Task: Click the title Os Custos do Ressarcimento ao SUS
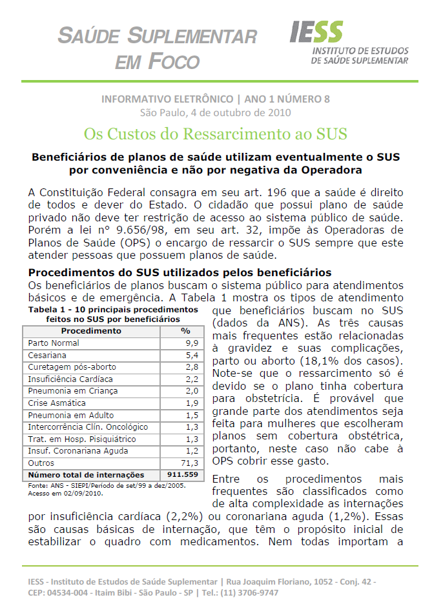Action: pyautogui.click(x=216, y=134)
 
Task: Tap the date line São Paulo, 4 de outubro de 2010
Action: pyautogui.click(x=216, y=112)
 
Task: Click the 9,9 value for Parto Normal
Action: pyautogui.click(x=191, y=343)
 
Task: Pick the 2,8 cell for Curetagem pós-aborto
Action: pyautogui.click(x=191, y=367)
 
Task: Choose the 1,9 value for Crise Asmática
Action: pyautogui.click(x=191, y=403)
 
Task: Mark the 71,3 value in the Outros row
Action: pyautogui.click(x=190, y=463)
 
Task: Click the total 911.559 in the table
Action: pyautogui.click(x=183, y=475)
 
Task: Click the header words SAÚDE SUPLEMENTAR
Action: pyautogui.click(x=158, y=35)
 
